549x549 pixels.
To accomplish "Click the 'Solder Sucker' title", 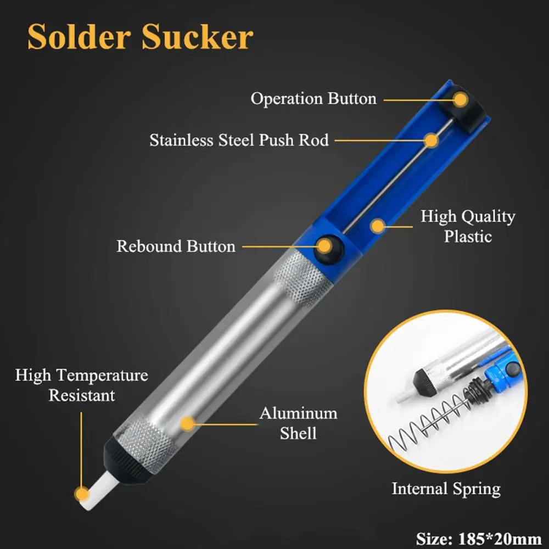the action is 140,37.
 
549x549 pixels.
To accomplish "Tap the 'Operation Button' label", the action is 313,99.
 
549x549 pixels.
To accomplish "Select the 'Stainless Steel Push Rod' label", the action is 239,140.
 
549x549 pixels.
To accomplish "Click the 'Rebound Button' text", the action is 176,246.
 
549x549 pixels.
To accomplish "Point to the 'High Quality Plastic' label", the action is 468,226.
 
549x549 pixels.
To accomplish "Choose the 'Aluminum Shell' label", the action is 298,423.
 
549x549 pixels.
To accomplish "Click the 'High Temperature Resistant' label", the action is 82,385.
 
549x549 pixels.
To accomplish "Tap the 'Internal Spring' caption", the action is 446,489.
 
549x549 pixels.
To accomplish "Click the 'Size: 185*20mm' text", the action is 478,538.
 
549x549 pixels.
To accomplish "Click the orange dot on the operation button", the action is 461,100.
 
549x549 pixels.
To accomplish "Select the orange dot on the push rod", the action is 432,141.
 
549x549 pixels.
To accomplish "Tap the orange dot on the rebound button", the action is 325,246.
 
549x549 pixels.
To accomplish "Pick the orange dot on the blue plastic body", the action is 378,226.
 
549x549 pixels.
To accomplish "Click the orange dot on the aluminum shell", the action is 188,424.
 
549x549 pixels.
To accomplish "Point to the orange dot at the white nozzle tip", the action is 82,495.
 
